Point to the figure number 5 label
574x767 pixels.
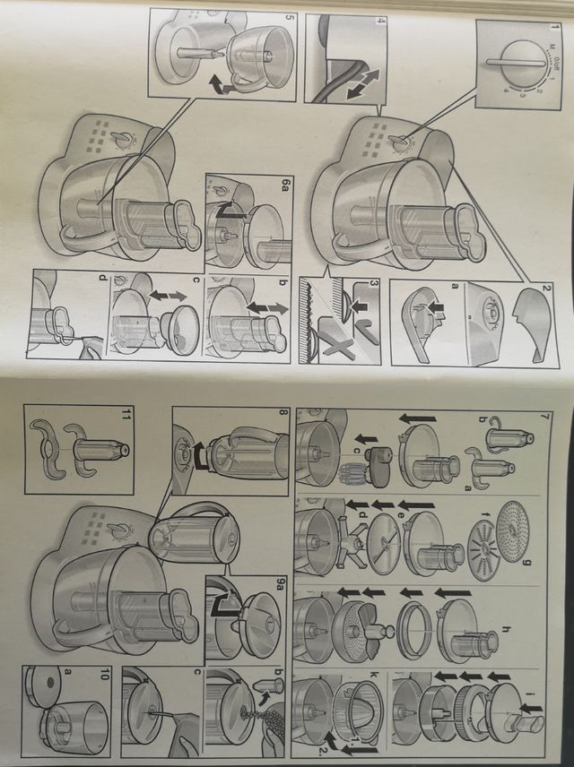point(289,18)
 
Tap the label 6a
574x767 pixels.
point(283,184)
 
